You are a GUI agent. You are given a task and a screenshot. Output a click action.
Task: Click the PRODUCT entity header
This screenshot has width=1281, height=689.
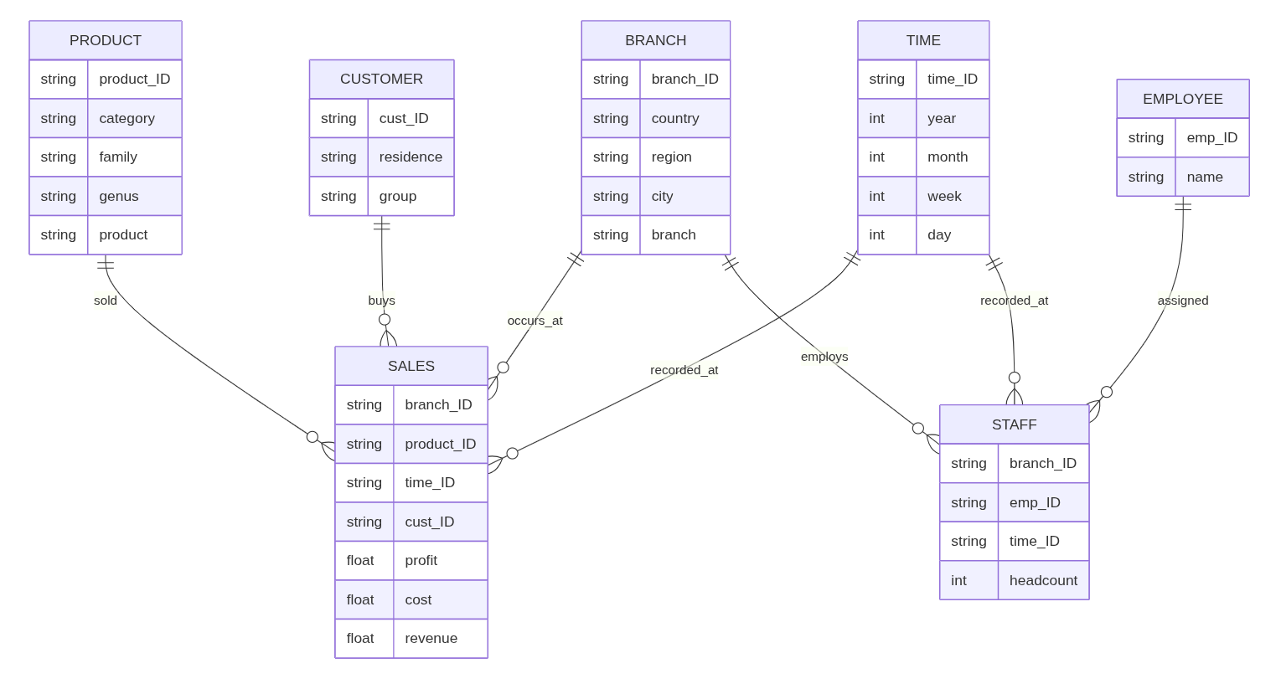click(106, 40)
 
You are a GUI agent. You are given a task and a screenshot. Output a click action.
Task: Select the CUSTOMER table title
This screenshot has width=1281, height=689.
click(381, 79)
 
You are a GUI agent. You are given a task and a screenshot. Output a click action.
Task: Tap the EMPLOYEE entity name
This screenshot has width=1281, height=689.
click(1183, 99)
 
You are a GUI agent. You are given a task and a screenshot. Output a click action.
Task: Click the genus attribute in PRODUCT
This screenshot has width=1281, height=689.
click(118, 196)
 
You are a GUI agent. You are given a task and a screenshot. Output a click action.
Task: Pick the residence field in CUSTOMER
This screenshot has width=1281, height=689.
click(411, 157)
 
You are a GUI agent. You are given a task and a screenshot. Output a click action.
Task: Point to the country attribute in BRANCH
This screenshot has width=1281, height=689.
click(674, 118)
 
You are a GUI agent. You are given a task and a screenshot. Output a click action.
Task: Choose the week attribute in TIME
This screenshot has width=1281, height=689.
click(944, 196)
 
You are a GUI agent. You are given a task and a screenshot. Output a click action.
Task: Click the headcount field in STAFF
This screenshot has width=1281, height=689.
click(1043, 580)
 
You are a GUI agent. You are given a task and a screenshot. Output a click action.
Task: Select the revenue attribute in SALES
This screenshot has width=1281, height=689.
click(431, 638)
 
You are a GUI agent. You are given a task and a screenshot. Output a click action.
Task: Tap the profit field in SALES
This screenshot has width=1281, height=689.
click(421, 560)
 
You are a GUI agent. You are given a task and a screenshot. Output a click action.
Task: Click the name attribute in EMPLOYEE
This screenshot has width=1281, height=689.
click(1205, 177)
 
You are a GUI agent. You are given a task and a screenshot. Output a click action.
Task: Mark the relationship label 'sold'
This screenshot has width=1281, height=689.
click(106, 301)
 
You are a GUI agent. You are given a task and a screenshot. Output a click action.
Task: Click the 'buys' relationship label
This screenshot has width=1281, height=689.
click(381, 301)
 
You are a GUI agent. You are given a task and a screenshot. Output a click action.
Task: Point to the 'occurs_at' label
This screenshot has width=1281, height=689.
click(535, 321)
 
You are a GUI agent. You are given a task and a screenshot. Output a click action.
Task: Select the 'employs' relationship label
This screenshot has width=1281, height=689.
click(824, 357)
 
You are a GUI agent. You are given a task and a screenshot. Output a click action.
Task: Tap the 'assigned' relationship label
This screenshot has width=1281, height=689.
click(1183, 301)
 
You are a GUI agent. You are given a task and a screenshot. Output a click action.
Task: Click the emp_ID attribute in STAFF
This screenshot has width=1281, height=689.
click(1035, 502)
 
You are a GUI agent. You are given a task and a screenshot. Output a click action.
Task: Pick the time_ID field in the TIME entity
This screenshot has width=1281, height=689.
click(953, 79)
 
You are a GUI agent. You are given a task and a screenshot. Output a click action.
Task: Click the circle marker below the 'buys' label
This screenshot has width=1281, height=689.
click(385, 319)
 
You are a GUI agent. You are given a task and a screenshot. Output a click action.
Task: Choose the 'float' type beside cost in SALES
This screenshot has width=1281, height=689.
click(359, 599)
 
